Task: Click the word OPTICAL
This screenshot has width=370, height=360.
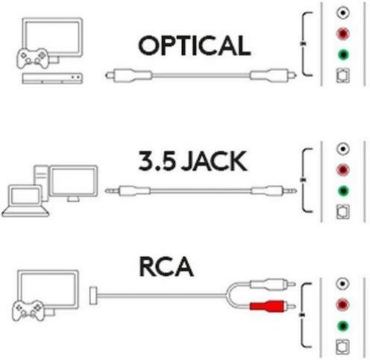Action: tap(193, 45)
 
